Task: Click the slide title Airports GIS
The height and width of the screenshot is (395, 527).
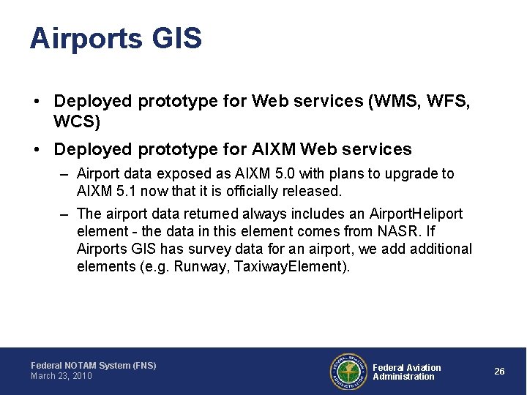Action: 116,39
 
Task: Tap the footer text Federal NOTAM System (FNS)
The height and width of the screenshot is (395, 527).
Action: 93,365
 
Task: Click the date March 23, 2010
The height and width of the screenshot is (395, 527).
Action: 61,376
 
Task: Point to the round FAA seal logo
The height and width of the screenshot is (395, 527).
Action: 348,372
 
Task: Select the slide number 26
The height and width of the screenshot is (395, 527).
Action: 499,372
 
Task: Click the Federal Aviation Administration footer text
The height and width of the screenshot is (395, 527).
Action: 406,372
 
